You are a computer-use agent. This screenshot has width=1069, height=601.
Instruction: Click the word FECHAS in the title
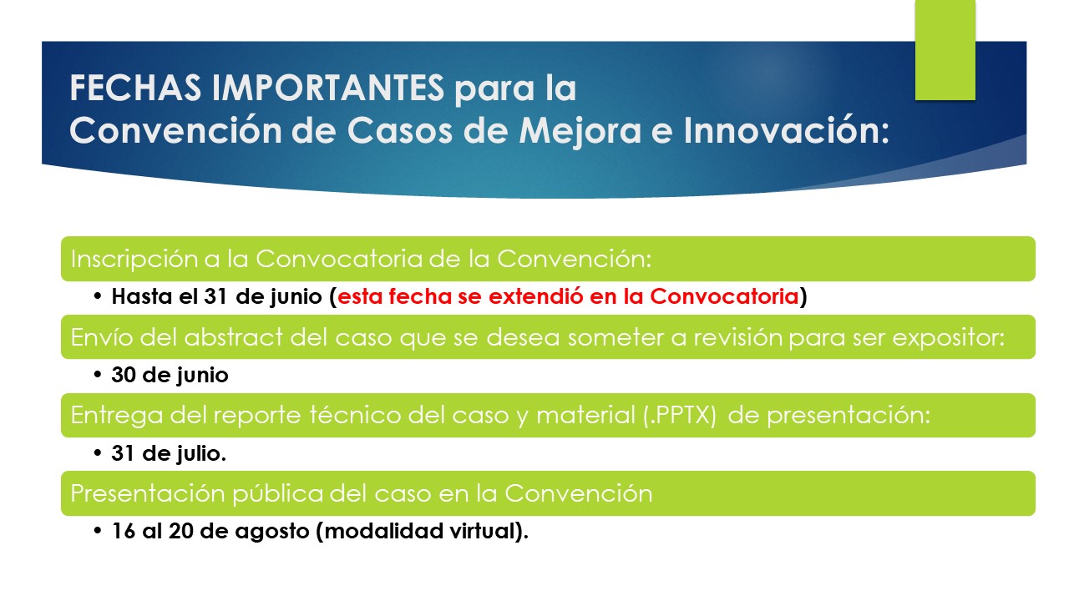(x=135, y=88)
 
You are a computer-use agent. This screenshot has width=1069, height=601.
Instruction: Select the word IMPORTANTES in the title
(x=328, y=88)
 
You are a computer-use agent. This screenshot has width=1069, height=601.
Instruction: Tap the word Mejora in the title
(x=580, y=131)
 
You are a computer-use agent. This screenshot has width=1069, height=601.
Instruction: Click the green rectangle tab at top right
(x=945, y=50)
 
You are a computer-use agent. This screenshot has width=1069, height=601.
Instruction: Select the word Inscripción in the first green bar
(x=134, y=260)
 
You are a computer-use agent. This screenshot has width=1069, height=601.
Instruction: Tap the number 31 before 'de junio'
(x=215, y=296)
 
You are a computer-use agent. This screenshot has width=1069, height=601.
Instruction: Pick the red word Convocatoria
(x=724, y=296)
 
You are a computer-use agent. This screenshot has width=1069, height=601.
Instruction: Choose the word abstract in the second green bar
(x=233, y=337)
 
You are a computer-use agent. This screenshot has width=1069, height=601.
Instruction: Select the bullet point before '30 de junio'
(x=98, y=375)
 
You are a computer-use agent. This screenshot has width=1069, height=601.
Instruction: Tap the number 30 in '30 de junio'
(x=124, y=375)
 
